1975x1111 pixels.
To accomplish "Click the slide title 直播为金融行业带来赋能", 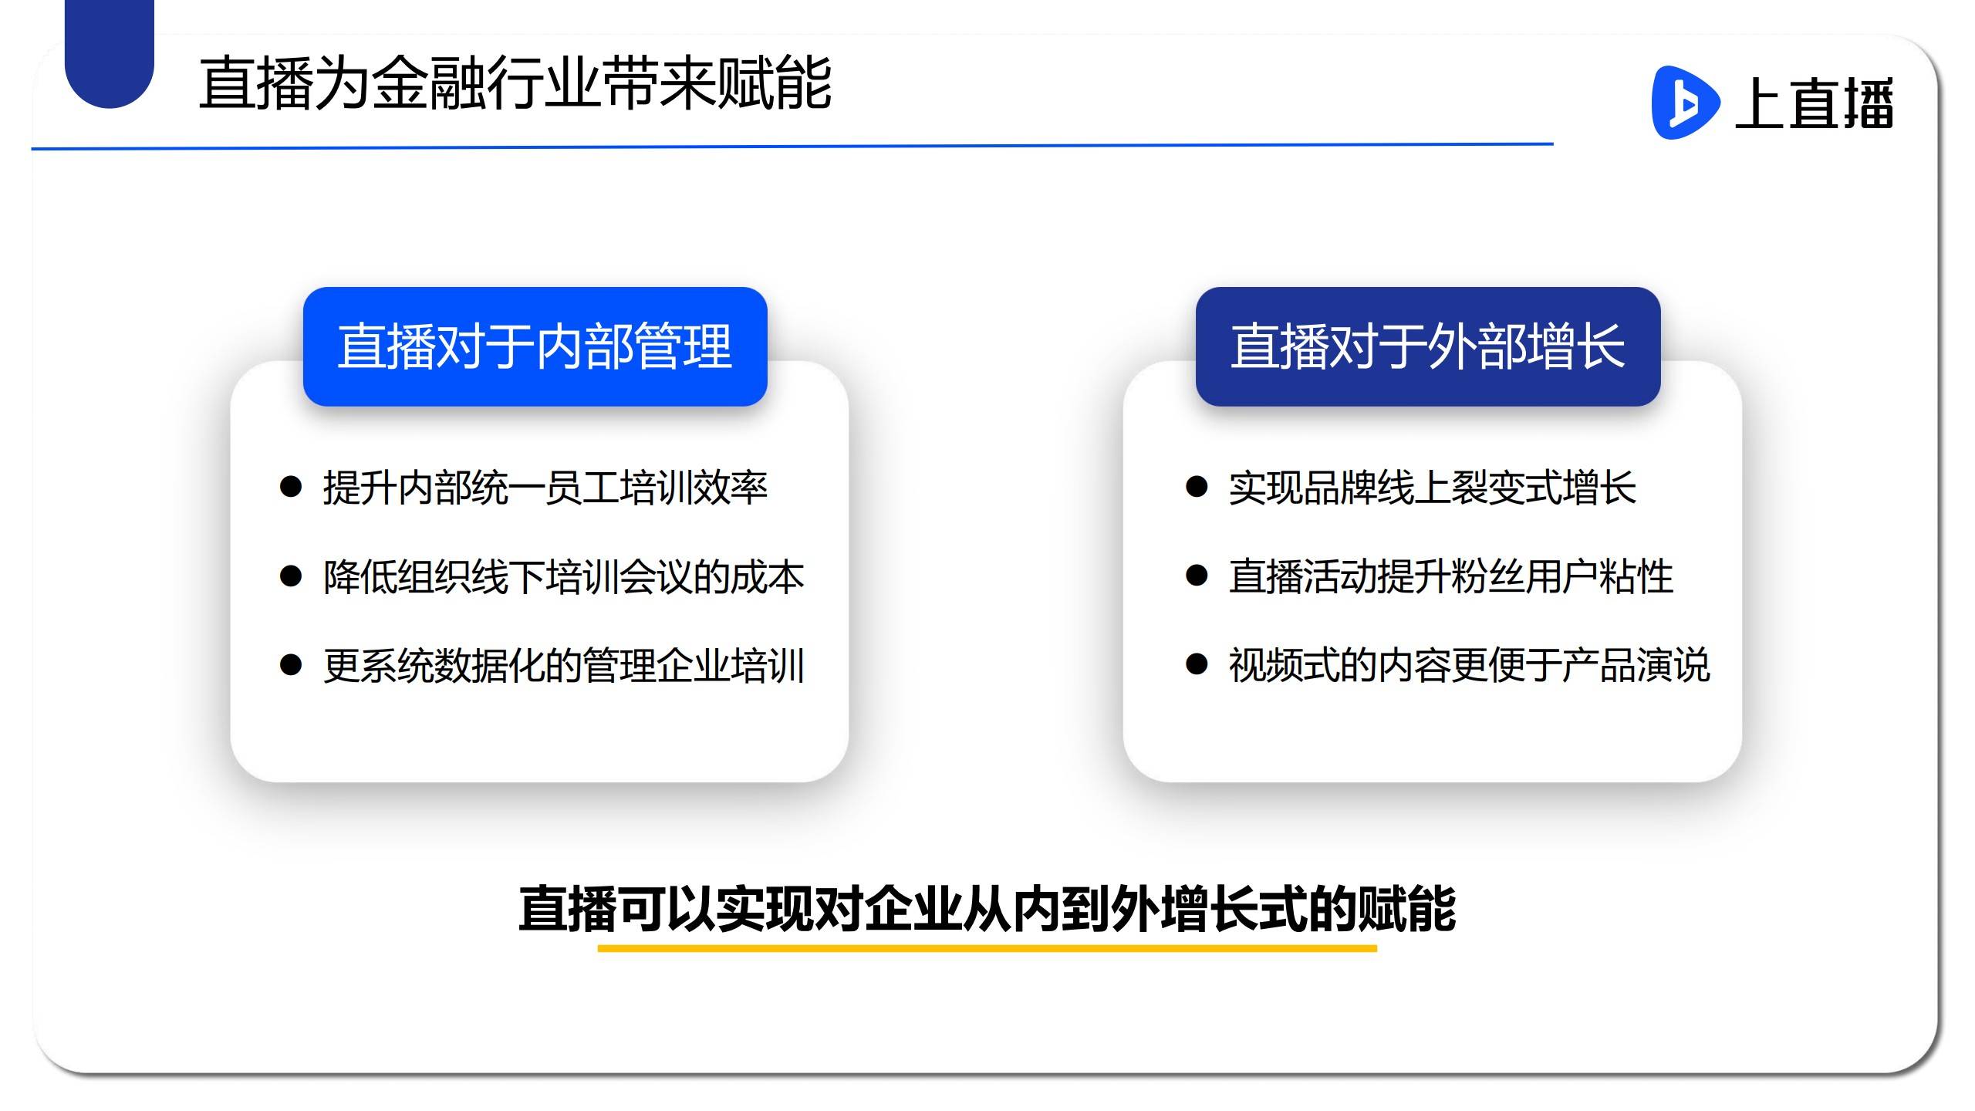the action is pyautogui.click(x=515, y=83).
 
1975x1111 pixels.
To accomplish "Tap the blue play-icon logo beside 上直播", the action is pyautogui.click(x=1685, y=103).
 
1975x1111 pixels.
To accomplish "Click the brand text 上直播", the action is pyautogui.click(x=1814, y=103).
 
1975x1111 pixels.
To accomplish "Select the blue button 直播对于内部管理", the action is pyautogui.click(x=535, y=346).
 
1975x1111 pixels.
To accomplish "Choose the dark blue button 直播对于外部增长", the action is pyautogui.click(x=1428, y=346).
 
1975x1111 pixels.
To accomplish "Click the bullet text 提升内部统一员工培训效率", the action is pyautogui.click(x=545, y=488).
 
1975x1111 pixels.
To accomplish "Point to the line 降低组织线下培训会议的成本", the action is pyautogui.click(x=564, y=577).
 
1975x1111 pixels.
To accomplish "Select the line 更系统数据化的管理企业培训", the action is pyautogui.click(x=564, y=666).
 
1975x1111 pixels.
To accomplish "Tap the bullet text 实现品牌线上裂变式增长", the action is pyautogui.click(x=1433, y=488).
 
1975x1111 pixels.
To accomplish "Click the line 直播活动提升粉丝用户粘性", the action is pyautogui.click(x=1451, y=577).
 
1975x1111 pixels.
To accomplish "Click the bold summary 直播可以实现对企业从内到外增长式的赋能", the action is pyautogui.click(x=987, y=909).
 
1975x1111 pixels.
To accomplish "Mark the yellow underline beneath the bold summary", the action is pyautogui.click(x=987, y=948).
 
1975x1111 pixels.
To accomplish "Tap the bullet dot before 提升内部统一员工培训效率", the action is pyautogui.click(x=290, y=487).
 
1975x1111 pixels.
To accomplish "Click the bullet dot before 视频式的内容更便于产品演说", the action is pyautogui.click(x=1197, y=664).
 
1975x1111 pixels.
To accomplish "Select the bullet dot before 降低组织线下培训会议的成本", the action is pyautogui.click(x=290, y=576).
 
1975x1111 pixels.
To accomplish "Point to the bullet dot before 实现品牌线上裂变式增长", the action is pyautogui.click(x=1197, y=487).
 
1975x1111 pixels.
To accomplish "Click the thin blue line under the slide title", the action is pyautogui.click(x=792, y=146).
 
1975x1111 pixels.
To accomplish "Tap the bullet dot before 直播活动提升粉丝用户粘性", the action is pyautogui.click(x=1197, y=576).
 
